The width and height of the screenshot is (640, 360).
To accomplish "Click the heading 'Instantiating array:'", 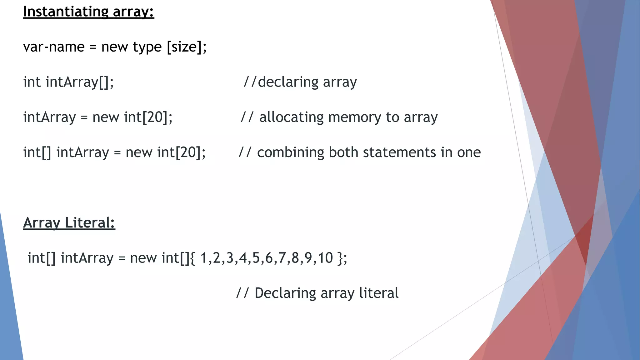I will (88, 12).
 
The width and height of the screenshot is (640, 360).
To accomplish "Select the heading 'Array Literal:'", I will (69, 223).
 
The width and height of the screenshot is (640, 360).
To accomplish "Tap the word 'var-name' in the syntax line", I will (54, 47).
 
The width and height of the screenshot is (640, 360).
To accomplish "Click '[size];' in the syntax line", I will (187, 47).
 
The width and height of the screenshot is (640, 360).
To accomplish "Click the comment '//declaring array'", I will (300, 82).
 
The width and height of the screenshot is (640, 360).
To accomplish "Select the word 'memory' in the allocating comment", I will (354, 117).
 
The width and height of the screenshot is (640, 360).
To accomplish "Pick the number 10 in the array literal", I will (325, 258).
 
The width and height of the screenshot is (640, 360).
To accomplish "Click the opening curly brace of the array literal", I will (192, 258).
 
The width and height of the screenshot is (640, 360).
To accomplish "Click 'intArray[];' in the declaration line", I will (79, 82).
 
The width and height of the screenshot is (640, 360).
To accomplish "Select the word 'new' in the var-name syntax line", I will (115, 47).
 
